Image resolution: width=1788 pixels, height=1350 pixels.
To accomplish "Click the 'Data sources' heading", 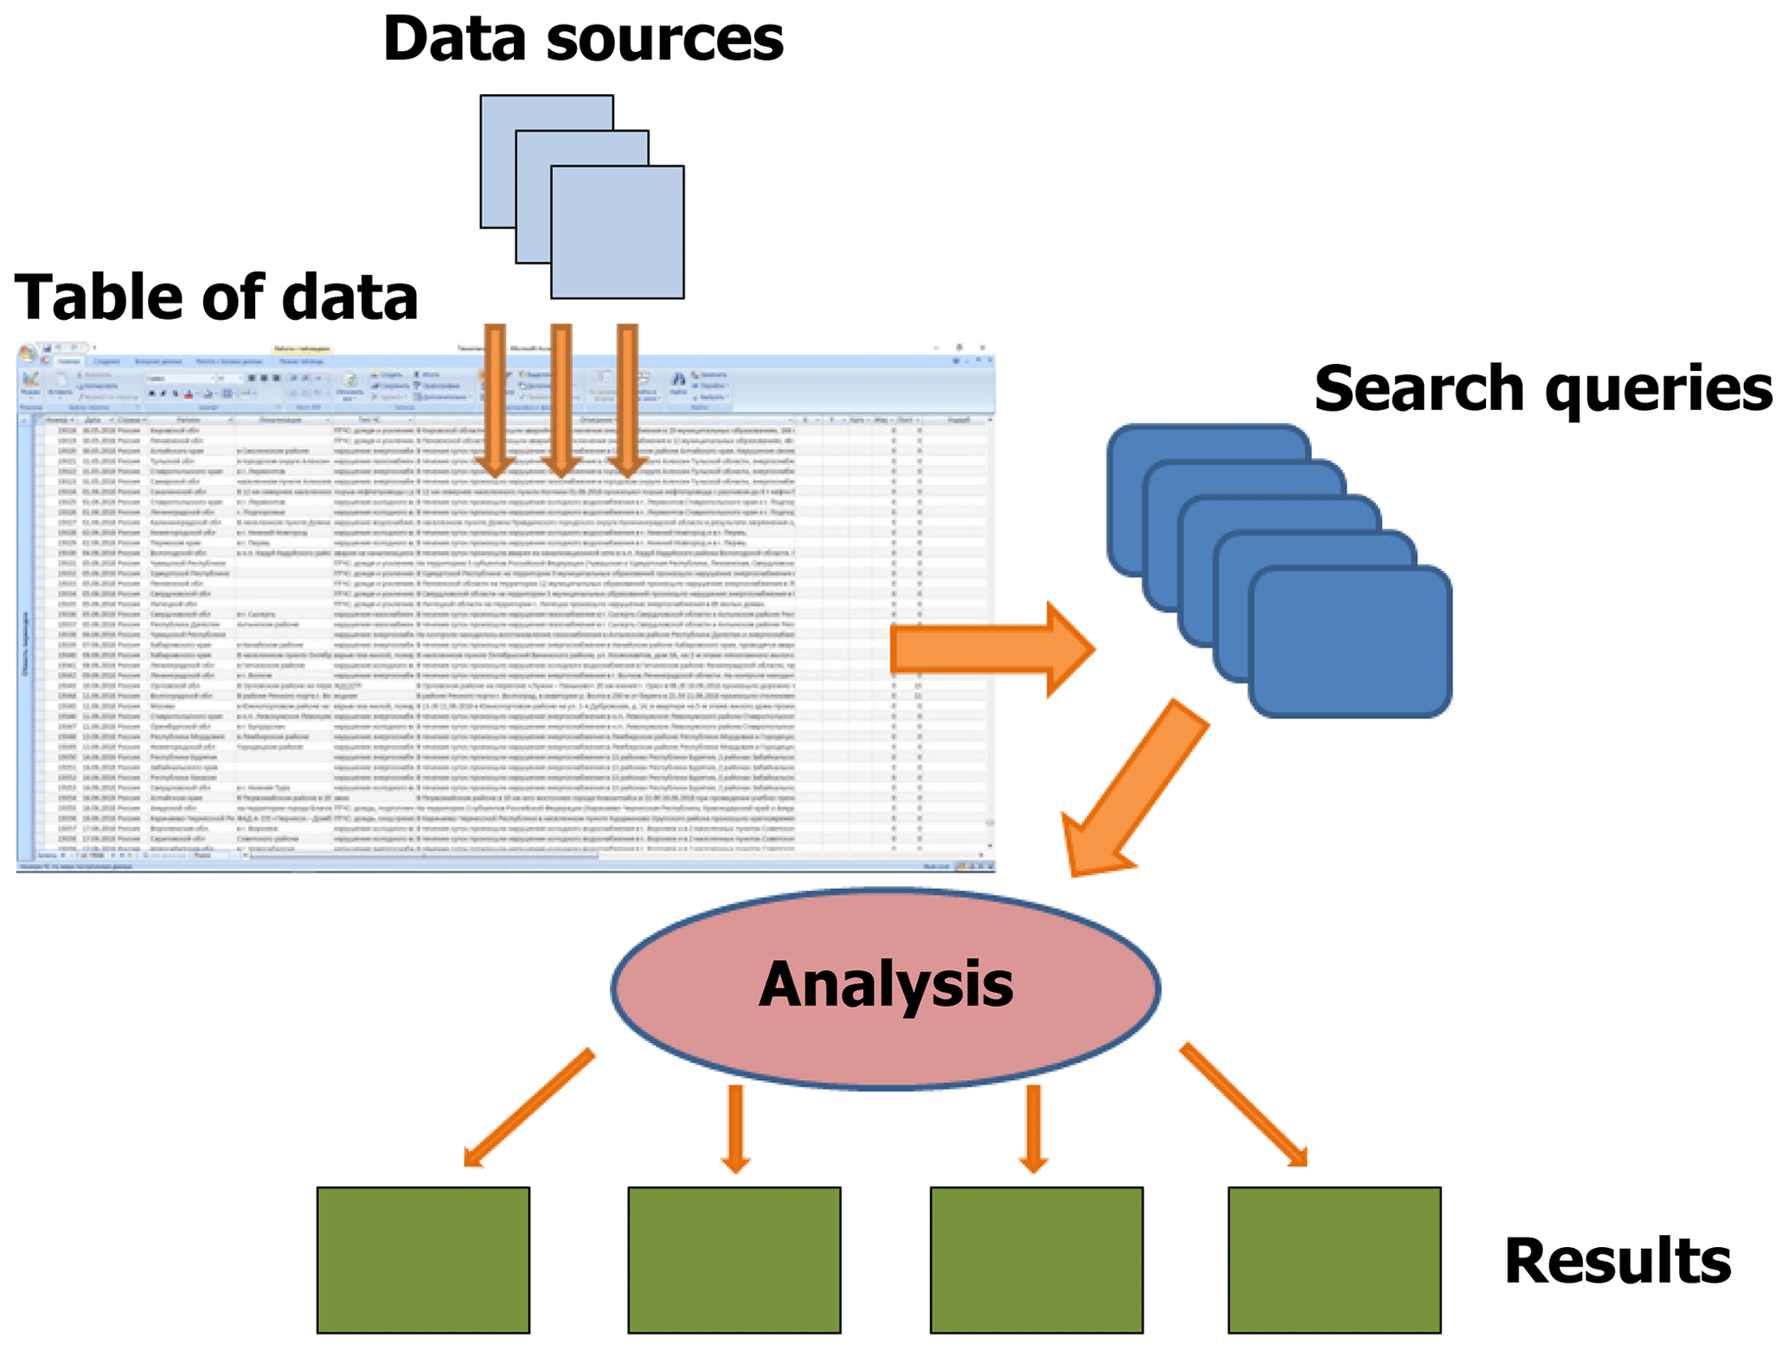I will tap(582, 39).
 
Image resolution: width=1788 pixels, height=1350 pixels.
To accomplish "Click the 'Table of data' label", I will tap(215, 297).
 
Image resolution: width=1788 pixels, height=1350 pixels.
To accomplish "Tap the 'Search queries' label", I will tap(1542, 388).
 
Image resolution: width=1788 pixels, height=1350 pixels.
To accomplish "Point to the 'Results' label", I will tap(1617, 1261).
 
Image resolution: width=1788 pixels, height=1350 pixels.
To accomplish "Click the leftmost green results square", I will tap(423, 1259).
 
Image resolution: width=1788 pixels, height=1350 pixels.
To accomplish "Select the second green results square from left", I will tap(734, 1259).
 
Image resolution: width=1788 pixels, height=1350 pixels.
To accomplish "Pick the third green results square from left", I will tap(1036, 1259).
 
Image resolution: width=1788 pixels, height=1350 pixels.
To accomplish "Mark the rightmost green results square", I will tap(1334, 1259).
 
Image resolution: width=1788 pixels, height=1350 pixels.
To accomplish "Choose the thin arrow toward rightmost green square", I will tap(1243, 1104).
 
